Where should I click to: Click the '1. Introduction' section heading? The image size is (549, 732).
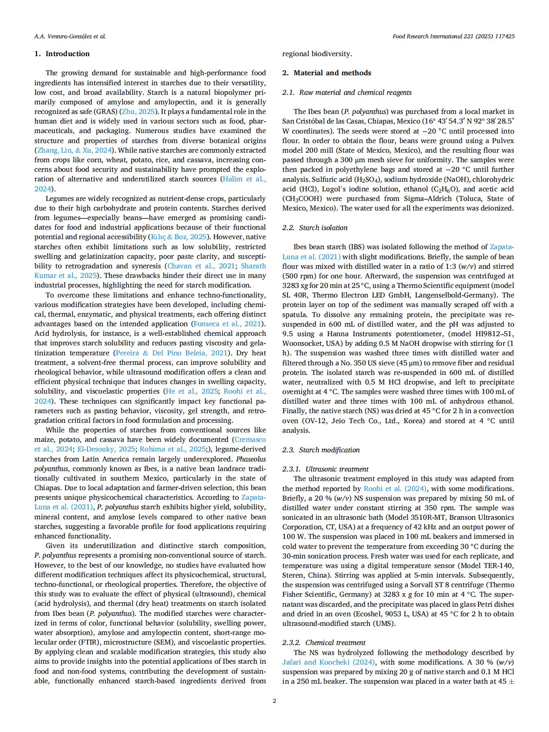point(62,54)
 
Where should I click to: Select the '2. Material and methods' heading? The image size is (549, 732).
point(327,73)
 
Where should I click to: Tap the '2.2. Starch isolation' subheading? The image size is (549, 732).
point(315,228)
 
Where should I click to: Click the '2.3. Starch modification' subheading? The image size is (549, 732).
point(321,450)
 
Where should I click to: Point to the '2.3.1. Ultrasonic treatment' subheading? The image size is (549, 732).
point(325,469)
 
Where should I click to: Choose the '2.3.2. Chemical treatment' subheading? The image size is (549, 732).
point(324,643)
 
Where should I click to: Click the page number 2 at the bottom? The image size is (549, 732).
point(274,701)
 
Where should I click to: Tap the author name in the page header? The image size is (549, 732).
point(70,37)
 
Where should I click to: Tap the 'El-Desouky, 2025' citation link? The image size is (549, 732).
point(106,449)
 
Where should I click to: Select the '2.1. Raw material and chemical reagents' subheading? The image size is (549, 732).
point(347,93)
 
